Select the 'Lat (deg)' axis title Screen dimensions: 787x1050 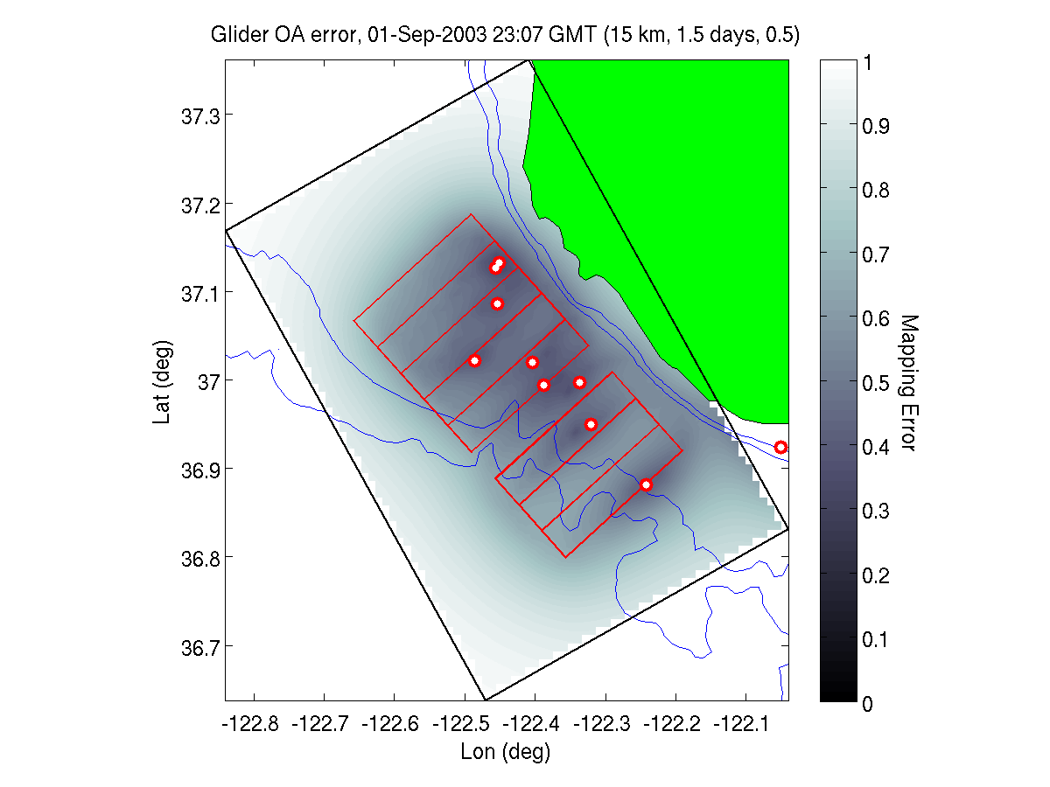point(162,382)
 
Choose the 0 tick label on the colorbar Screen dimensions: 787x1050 point(867,703)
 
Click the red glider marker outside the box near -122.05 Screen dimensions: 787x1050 point(780,448)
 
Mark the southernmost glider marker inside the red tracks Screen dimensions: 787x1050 point(646,484)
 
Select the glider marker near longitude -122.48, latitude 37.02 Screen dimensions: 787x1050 point(474,361)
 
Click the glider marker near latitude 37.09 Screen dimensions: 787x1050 point(497,303)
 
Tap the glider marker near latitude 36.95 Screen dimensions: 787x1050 point(591,424)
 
